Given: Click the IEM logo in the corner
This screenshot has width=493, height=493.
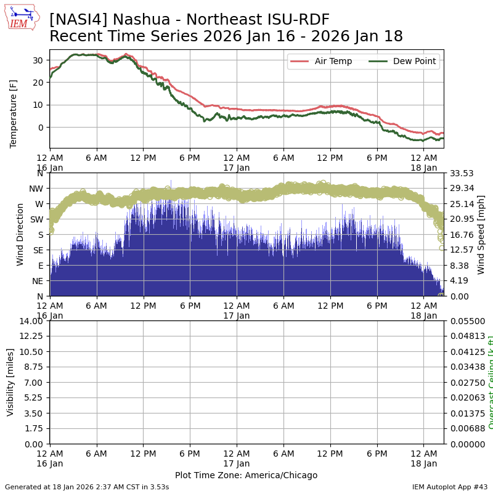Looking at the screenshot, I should coord(22,18).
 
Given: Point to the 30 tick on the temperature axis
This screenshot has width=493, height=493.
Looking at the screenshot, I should coord(38,60).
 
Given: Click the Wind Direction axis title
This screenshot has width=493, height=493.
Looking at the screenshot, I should coord(20,234).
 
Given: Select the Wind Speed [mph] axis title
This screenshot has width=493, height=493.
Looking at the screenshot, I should coord(481,234).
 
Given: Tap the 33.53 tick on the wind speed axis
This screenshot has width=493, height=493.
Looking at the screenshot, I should coord(462,173).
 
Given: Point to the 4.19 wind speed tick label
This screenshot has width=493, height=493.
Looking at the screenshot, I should coord(459,280).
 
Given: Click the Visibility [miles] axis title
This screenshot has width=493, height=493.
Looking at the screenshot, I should coord(10,382).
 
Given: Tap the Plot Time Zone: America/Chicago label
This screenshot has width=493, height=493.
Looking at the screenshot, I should coord(246,475).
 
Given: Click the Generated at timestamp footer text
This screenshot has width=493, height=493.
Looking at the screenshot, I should coord(87,487).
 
